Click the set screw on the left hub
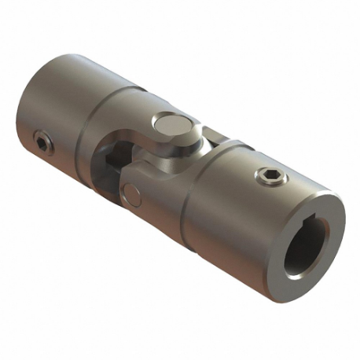click(x=42, y=142)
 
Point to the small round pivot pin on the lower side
click(x=132, y=192)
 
